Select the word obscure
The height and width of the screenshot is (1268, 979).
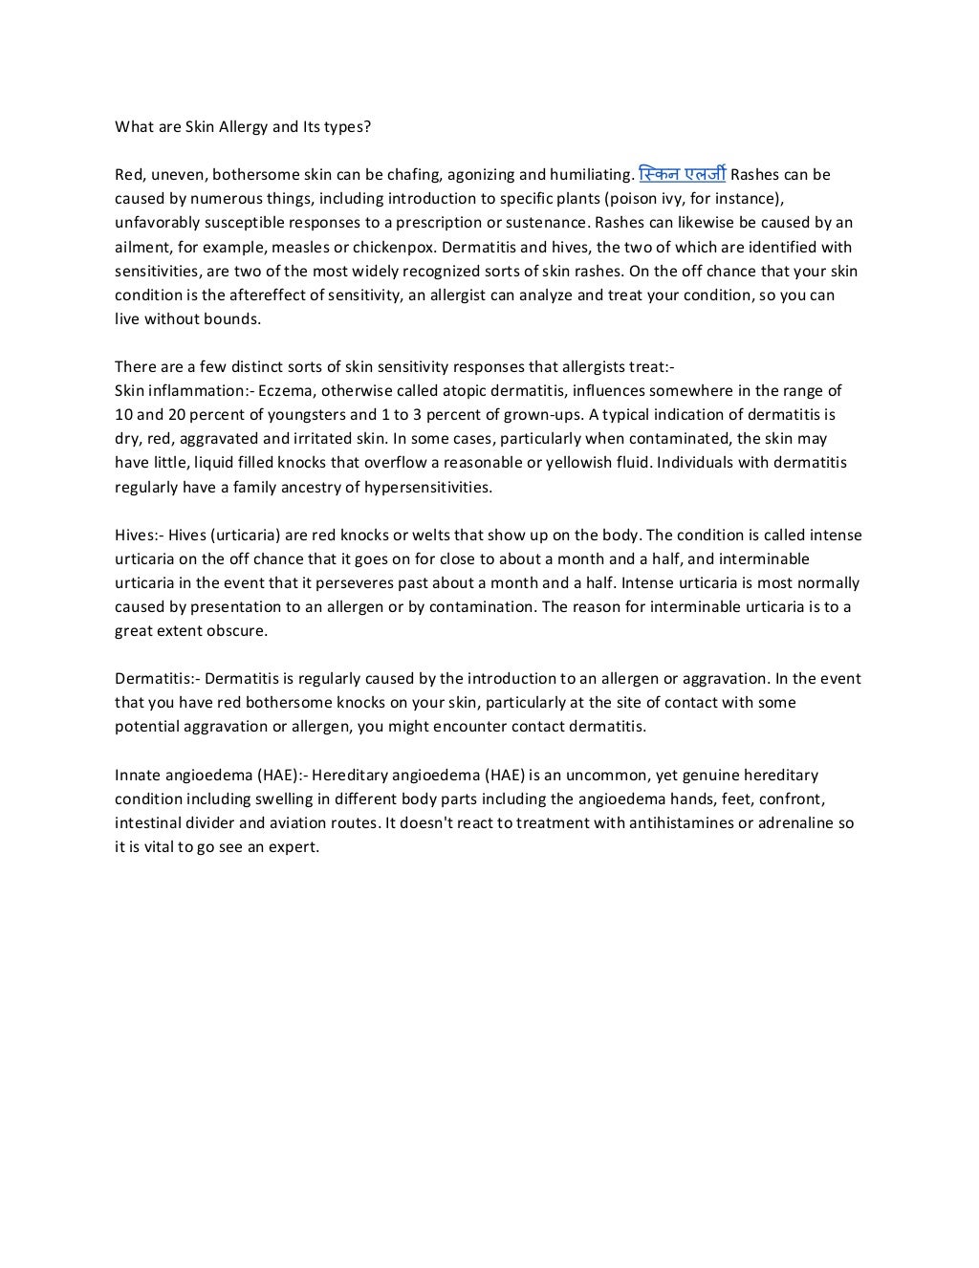[236, 631]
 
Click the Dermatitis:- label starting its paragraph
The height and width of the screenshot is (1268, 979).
[157, 679]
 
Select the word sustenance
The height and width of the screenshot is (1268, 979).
[542, 223]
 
